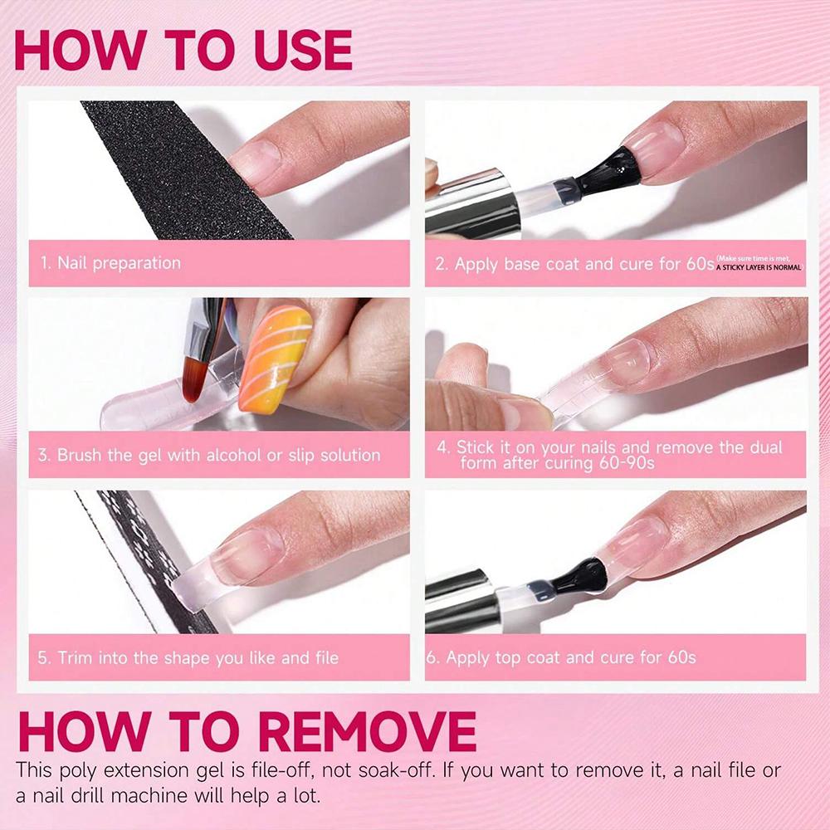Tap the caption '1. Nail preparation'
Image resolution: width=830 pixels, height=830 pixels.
coord(110,263)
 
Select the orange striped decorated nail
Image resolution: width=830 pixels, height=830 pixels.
coord(275,358)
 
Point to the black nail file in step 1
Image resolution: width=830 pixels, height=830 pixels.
coord(183,166)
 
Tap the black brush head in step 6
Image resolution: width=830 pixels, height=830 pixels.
coord(581,574)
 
